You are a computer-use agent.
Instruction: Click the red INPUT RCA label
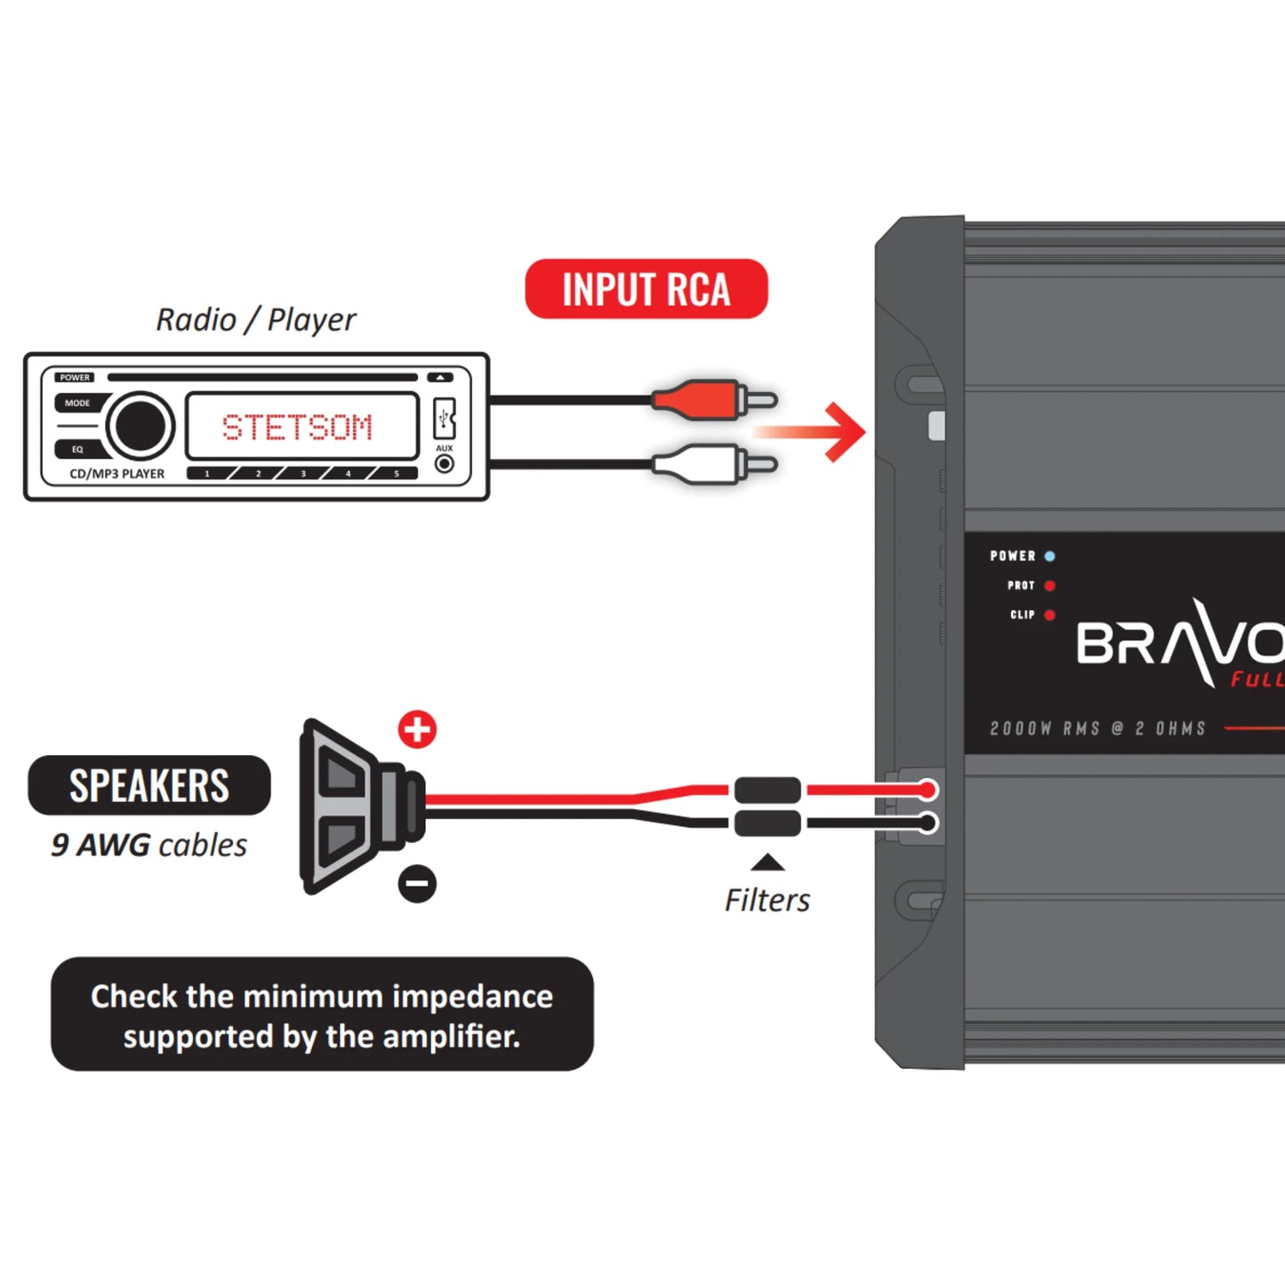pyautogui.click(x=647, y=289)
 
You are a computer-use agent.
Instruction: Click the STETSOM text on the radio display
pyautogui.click(x=298, y=428)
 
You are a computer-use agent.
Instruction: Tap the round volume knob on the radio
pyautogui.click(x=141, y=426)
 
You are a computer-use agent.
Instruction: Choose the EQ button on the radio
pyautogui.click(x=78, y=449)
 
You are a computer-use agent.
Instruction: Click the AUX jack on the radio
pyautogui.click(x=445, y=463)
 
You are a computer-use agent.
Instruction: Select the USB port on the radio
pyautogui.click(x=445, y=418)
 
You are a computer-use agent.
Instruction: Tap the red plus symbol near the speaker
pyautogui.click(x=417, y=729)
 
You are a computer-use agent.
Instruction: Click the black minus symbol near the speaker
pyautogui.click(x=417, y=883)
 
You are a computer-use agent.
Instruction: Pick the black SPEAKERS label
pyautogui.click(x=149, y=785)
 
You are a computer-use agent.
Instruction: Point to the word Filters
pyautogui.click(x=767, y=900)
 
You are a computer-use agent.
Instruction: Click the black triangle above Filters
pyautogui.click(x=767, y=863)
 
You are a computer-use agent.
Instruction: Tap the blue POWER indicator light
pyautogui.click(x=1050, y=557)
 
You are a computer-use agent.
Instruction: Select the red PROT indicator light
pyautogui.click(x=1050, y=586)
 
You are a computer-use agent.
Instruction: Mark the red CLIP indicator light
pyautogui.click(x=1050, y=615)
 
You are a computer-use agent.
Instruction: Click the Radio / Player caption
pyautogui.click(x=256, y=319)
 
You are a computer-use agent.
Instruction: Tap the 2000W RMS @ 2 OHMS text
pyautogui.click(x=1098, y=728)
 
